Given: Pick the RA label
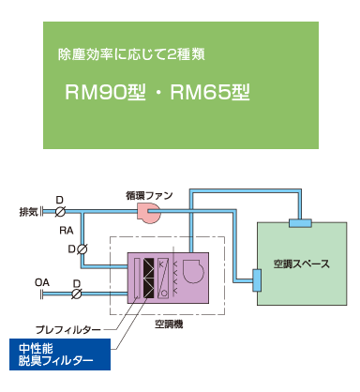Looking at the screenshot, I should tap(67, 230).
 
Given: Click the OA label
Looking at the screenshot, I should tap(41, 281).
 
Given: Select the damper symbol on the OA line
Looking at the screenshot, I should tap(77, 294).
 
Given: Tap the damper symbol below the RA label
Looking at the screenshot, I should tap(82, 249).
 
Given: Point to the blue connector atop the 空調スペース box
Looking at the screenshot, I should tap(301, 221).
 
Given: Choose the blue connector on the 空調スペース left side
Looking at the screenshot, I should tap(257, 279).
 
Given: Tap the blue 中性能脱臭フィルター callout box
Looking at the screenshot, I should tap(56, 354).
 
